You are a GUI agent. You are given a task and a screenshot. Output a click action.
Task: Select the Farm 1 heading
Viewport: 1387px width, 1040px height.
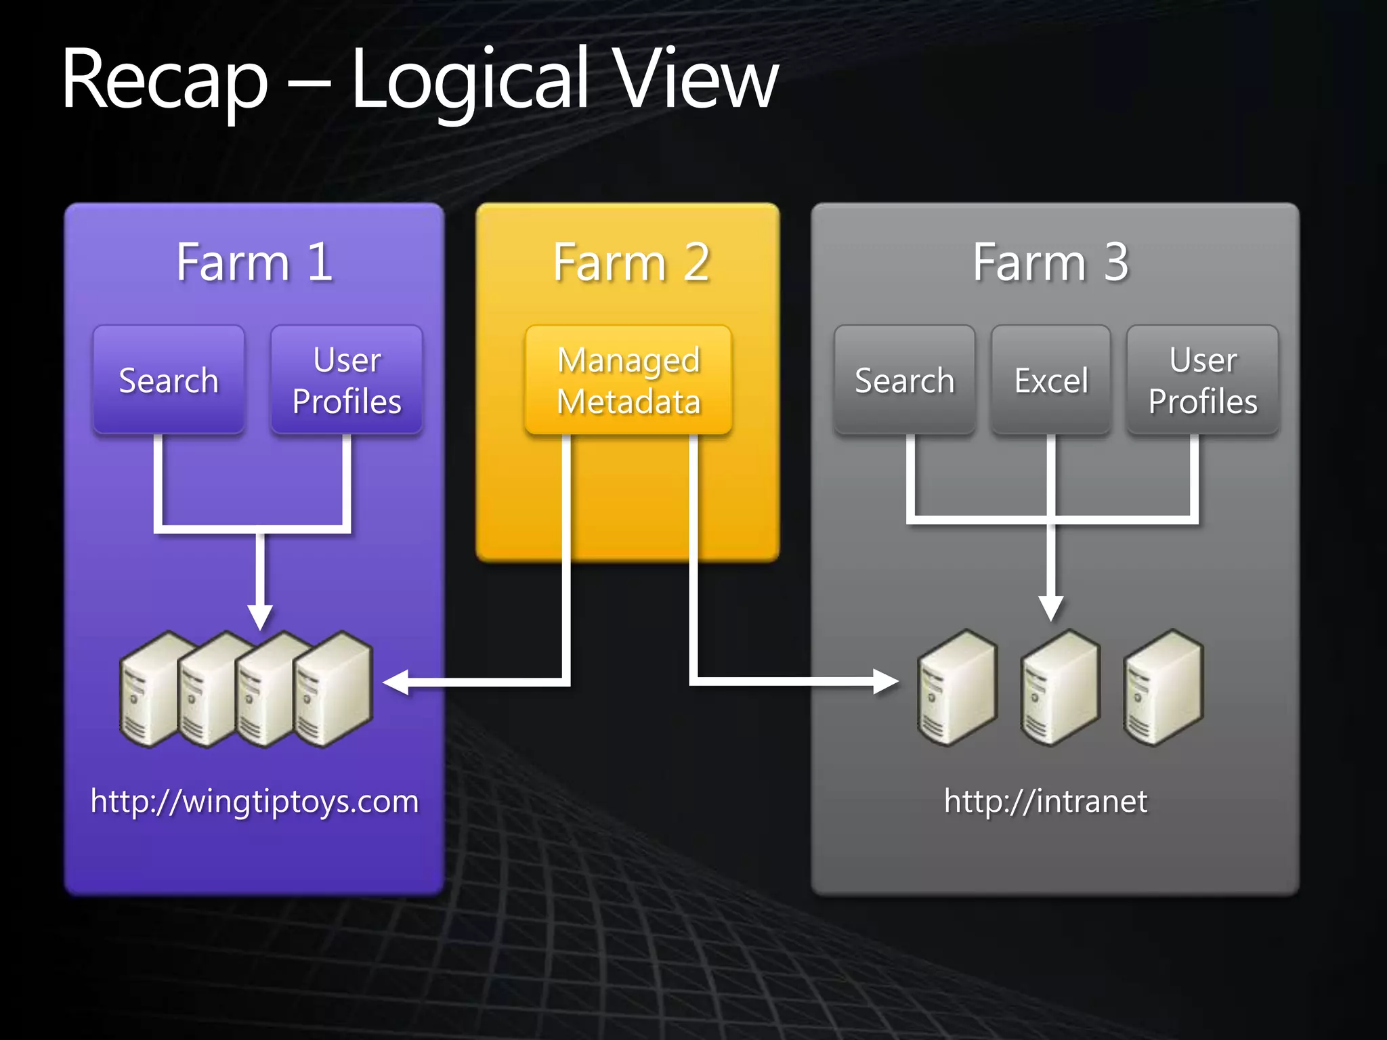pyautogui.click(x=254, y=262)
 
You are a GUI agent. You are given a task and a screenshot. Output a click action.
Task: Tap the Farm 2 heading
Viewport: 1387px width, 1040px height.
pyautogui.click(x=631, y=262)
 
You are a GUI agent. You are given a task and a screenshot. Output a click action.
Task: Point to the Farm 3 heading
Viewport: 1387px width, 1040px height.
pyautogui.click(x=1050, y=262)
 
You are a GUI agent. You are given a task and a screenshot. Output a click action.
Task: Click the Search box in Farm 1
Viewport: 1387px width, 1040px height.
pyautogui.click(x=169, y=380)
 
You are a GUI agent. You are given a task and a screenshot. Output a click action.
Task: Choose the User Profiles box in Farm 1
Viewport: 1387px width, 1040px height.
pyautogui.click(x=347, y=380)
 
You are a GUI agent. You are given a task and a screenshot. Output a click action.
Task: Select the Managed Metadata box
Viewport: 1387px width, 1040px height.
pyautogui.click(x=628, y=380)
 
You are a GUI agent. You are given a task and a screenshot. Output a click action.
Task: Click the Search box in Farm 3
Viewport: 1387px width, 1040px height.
pyautogui.click(x=904, y=380)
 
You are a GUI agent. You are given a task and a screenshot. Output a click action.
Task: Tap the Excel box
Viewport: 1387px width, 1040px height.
pyautogui.click(x=1050, y=380)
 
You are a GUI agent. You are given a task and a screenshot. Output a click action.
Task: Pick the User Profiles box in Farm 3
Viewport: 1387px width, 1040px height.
pyautogui.click(x=1203, y=380)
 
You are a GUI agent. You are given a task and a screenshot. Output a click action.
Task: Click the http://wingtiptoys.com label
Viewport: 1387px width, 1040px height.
pyautogui.click(x=255, y=801)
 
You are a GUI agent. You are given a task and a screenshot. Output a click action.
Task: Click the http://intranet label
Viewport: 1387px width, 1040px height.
pyautogui.click(x=1046, y=801)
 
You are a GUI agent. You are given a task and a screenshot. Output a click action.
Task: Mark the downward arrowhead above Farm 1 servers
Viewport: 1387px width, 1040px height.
pyautogui.click(x=260, y=616)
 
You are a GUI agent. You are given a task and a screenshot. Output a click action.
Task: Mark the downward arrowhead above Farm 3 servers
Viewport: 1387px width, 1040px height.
pyautogui.click(x=1050, y=607)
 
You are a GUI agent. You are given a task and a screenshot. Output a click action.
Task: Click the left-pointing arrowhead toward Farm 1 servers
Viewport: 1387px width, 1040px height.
pyautogui.click(x=397, y=682)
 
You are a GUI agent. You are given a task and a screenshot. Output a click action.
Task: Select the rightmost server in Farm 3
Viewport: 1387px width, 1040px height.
pyautogui.click(x=1163, y=688)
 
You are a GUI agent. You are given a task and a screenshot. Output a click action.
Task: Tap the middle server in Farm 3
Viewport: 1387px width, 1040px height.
pyautogui.click(x=1060, y=688)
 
